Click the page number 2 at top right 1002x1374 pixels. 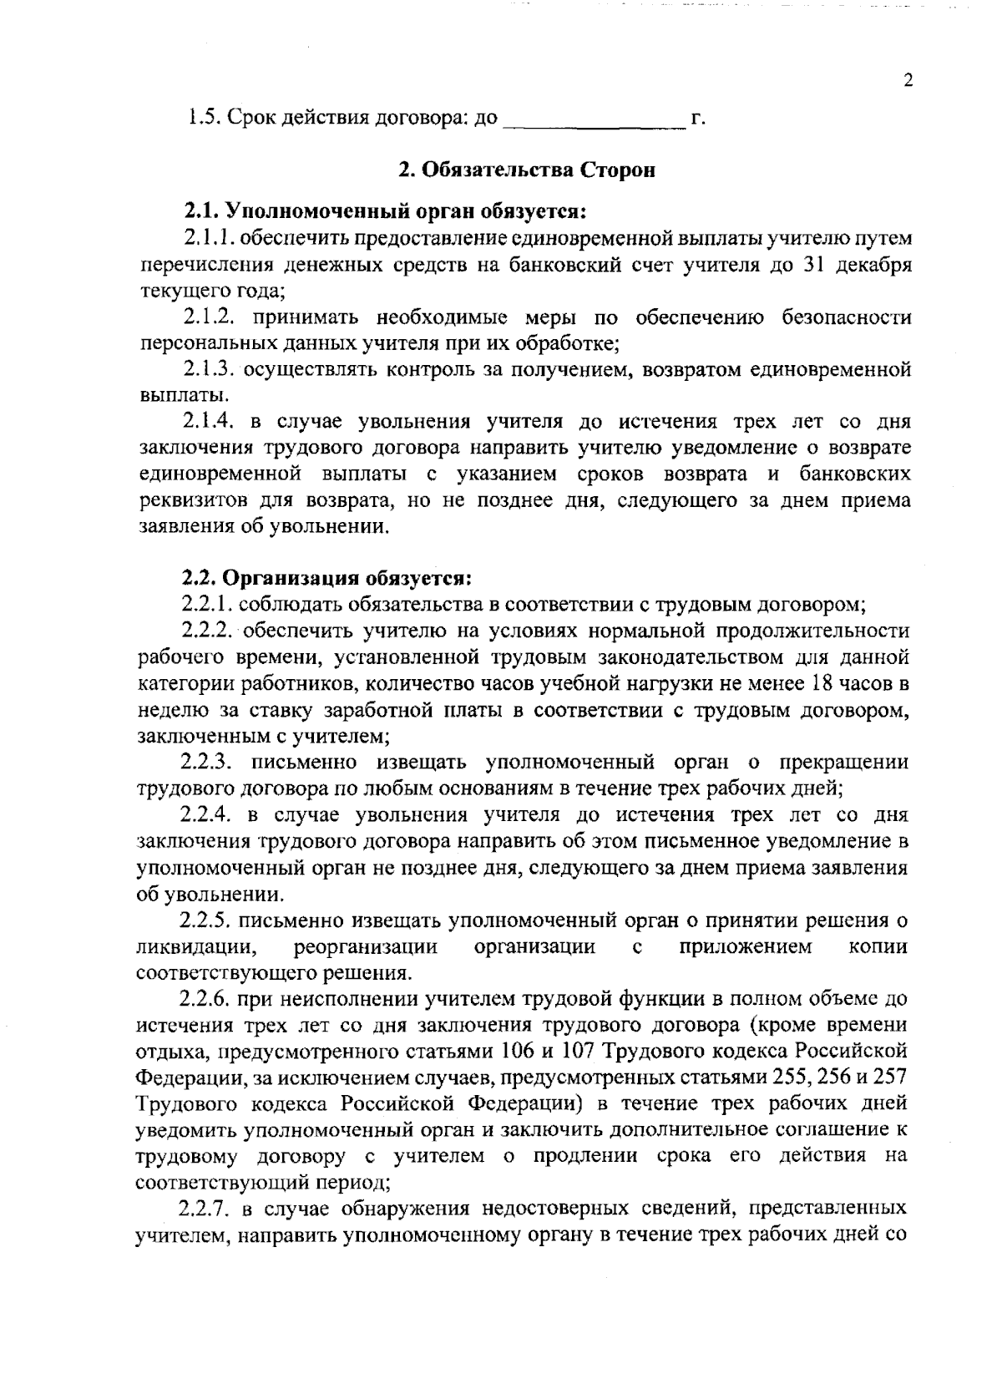908,81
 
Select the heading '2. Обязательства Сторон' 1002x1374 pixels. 526,170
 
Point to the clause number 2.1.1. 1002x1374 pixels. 209,238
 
